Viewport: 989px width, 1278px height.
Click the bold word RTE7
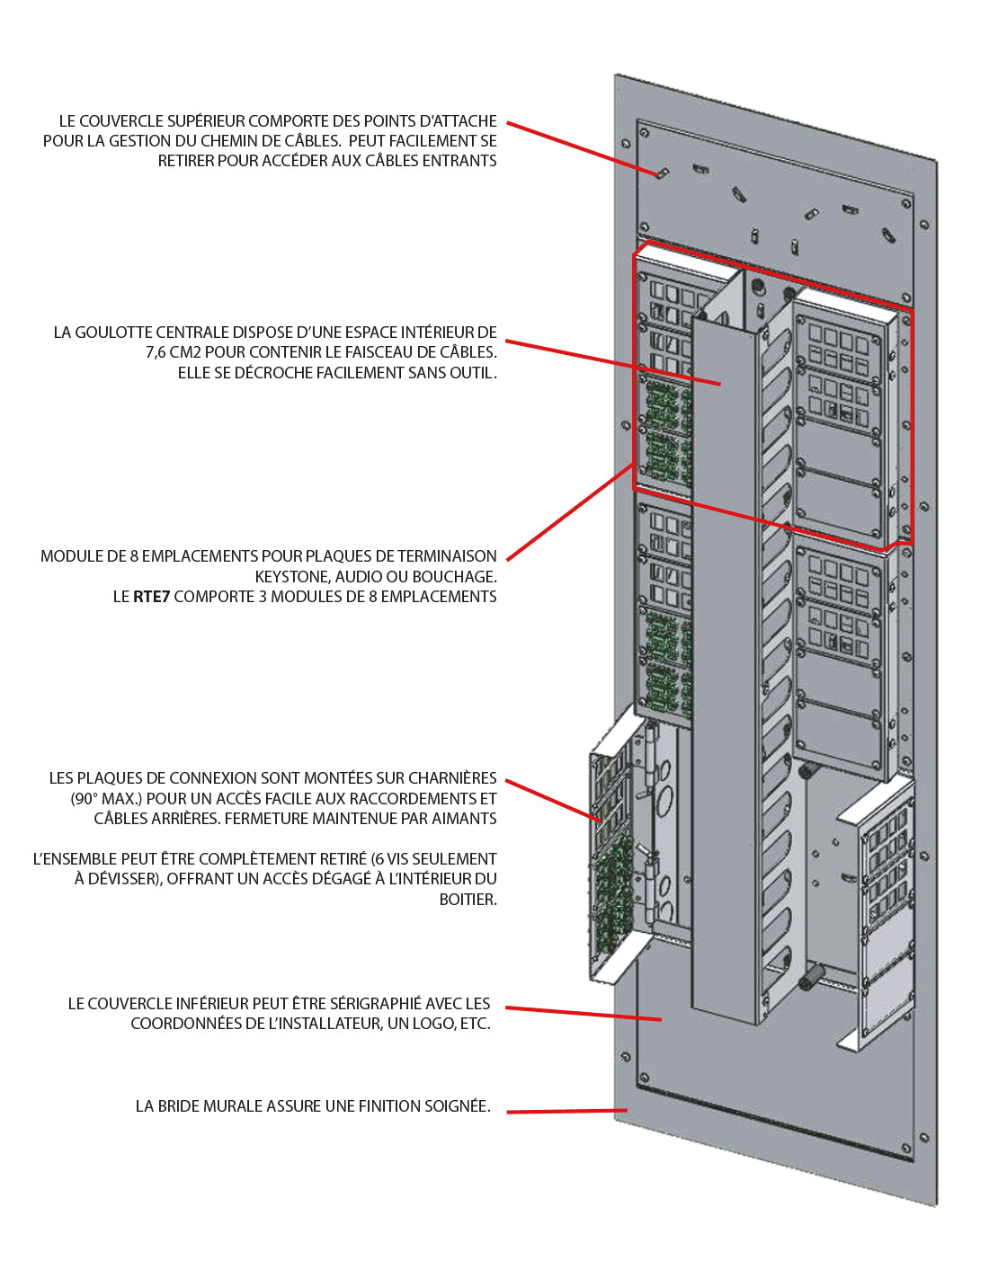pos(151,597)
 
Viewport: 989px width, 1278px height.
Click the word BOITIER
pos(468,900)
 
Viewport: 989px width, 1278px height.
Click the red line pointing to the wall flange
pos(566,1112)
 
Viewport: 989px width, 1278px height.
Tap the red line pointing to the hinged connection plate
pos(553,801)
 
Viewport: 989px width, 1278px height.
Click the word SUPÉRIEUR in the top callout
pos(199,121)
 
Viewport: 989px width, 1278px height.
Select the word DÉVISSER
pos(117,879)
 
